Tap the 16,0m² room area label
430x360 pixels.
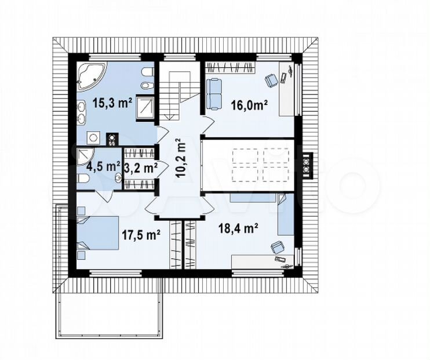point(249,104)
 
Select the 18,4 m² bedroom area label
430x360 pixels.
point(238,228)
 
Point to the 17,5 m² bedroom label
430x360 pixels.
point(141,235)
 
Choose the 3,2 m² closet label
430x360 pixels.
point(141,168)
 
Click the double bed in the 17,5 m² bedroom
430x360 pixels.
point(98,233)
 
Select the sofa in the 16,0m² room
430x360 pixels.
point(214,94)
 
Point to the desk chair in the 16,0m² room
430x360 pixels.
point(271,81)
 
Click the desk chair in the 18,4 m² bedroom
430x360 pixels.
point(278,248)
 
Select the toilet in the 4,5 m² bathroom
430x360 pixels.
point(82,179)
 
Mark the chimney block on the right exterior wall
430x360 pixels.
point(308,166)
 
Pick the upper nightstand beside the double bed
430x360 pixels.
point(81,210)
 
